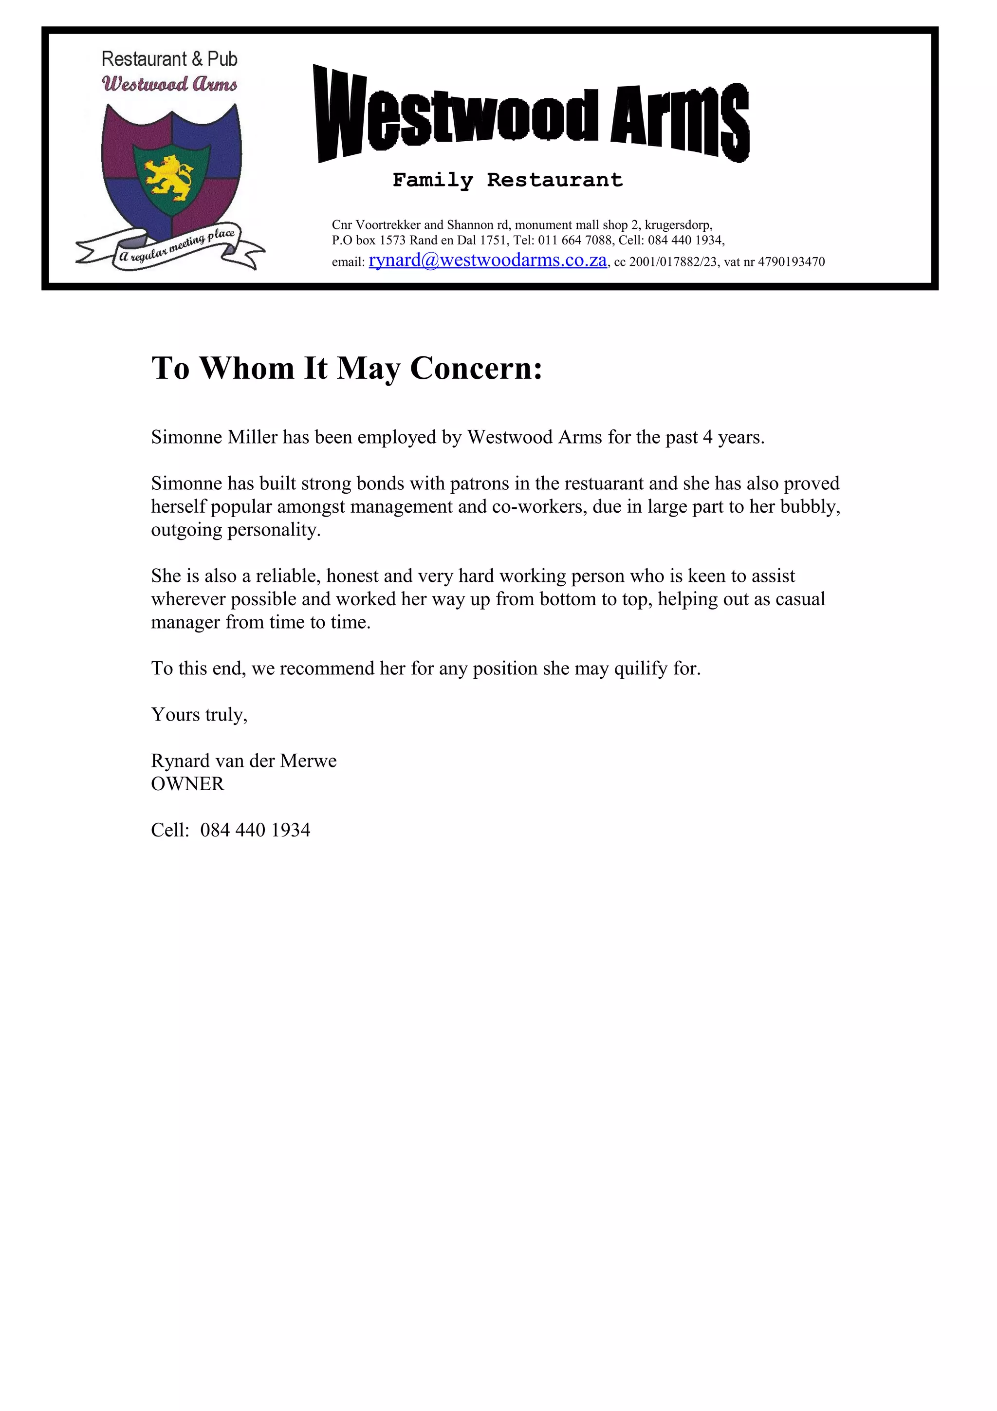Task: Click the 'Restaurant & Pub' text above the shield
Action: coord(169,59)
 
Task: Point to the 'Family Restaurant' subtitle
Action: coord(507,180)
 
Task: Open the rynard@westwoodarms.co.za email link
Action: coord(487,260)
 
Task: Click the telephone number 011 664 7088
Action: coord(575,241)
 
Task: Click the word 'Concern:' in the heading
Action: coord(476,368)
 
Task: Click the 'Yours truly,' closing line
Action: coord(199,714)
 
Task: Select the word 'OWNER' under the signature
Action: coord(188,784)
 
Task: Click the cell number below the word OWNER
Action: coord(255,830)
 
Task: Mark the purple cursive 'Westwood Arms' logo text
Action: coord(169,84)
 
